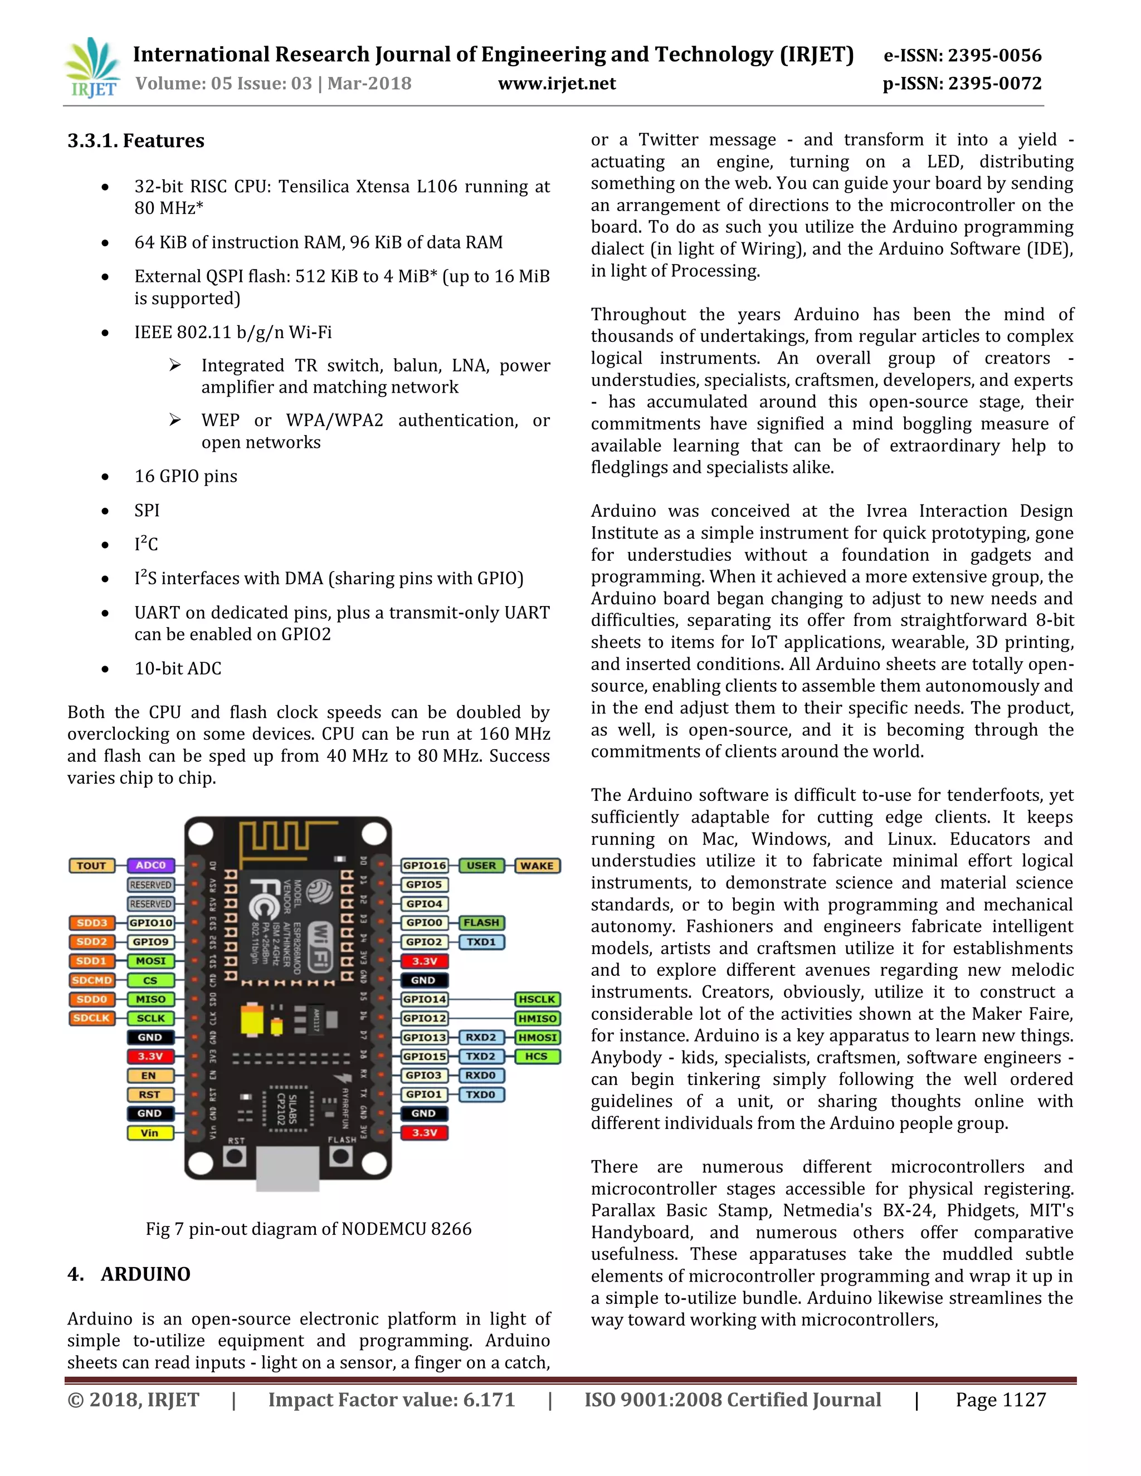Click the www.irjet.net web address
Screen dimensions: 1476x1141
tap(557, 84)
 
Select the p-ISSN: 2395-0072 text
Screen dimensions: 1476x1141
tap(961, 84)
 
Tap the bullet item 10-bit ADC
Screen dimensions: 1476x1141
tap(178, 668)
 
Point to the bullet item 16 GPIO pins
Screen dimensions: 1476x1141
tap(186, 476)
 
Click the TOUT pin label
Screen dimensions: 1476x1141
tap(91, 866)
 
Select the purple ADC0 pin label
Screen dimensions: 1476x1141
tap(151, 866)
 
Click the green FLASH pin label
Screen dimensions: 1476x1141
tap(481, 922)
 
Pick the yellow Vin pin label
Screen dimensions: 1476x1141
tap(149, 1133)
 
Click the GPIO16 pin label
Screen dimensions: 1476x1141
tap(424, 866)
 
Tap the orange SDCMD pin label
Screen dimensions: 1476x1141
tap(91, 980)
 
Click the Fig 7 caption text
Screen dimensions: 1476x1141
tap(308, 1229)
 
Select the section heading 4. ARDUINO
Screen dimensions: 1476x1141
tap(129, 1274)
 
